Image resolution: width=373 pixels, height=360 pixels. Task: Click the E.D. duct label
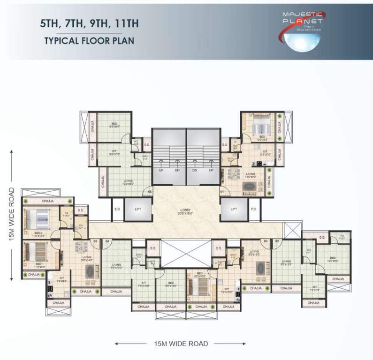point(117,210)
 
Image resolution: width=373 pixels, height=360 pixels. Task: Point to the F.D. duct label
point(254,210)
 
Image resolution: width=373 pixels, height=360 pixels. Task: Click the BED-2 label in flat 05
point(39,232)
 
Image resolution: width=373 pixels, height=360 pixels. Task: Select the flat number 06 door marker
point(151,191)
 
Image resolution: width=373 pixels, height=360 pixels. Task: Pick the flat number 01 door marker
point(221,191)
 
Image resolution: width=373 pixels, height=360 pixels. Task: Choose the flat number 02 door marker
point(277,241)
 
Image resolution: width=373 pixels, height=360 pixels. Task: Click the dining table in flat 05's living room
point(82,247)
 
